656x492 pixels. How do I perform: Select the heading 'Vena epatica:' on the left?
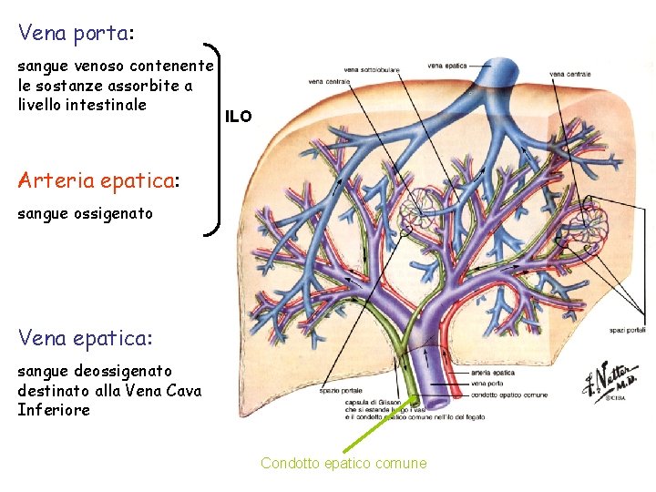pyautogui.click(x=86, y=338)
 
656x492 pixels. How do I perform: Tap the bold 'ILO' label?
pyautogui.click(x=239, y=117)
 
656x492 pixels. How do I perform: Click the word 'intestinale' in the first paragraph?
pyautogui.click(x=108, y=104)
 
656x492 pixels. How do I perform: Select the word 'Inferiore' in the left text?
pyautogui.click(x=54, y=410)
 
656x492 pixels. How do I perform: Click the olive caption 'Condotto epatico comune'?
pyautogui.click(x=343, y=463)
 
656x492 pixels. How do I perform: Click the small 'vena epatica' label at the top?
pyautogui.click(x=446, y=66)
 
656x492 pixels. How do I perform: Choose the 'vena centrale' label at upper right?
pyautogui.click(x=569, y=74)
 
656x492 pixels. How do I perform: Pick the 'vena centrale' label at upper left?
pyautogui.click(x=329, y=82)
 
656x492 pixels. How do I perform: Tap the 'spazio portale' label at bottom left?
pyautogui.click(x=337, y=391)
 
